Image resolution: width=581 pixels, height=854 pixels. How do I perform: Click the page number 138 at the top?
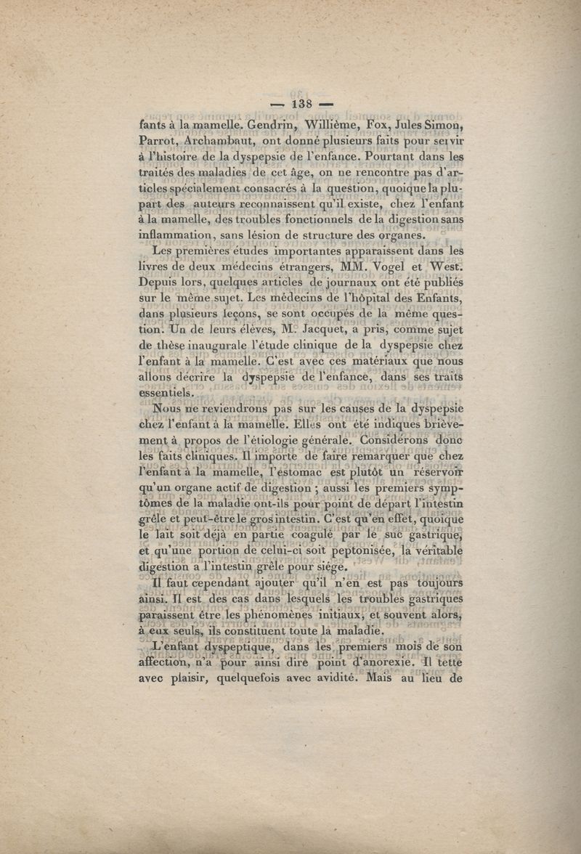(301, 104)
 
